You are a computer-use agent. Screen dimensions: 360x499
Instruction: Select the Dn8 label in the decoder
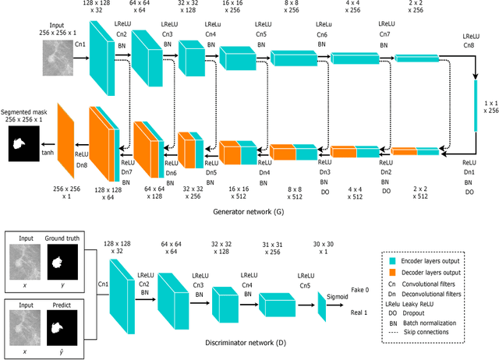tap(80, 164)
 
